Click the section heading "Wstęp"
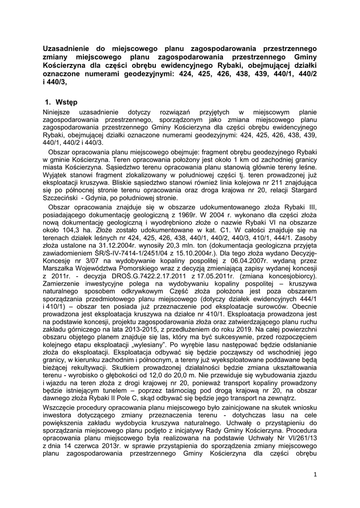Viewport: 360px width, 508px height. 67,103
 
